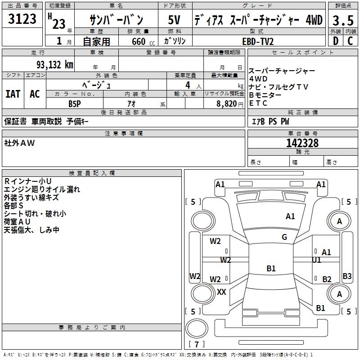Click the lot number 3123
(22, 19)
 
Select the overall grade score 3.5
(342, 21)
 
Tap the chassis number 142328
(302, 143)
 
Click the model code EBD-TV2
(258, 41)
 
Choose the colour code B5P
(75, 103)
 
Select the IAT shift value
(13, 94)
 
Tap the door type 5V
(174, 20)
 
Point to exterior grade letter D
(335, 40)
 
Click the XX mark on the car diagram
(221, 292)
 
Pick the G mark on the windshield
(284, 237)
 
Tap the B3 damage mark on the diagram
(347, 276)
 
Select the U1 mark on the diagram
(316, 260)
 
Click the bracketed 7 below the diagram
(196, 345)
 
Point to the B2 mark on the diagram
(327, 279)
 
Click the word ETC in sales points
(258, 103)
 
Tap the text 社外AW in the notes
(19, 143)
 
